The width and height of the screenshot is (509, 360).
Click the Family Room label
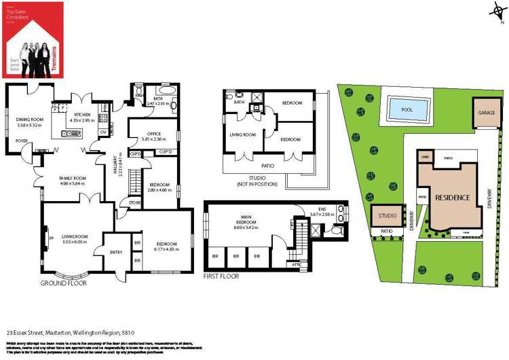point(74,179)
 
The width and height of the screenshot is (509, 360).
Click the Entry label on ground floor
point(115,252)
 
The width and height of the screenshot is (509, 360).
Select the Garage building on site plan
point(485,111)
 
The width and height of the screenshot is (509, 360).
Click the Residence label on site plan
point(452,198)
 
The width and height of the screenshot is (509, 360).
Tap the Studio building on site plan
point(387,217)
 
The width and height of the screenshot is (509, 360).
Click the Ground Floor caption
point(63,283)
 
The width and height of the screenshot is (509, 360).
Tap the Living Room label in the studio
point(242,135)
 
